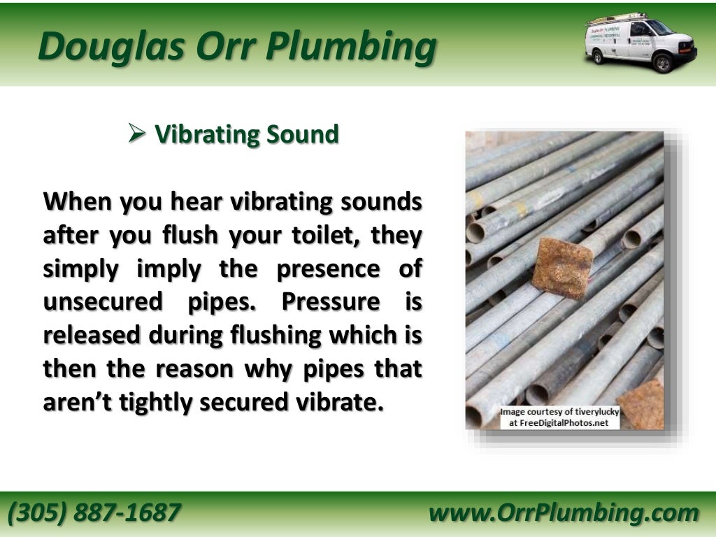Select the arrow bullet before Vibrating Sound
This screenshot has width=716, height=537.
[x=136, y=133]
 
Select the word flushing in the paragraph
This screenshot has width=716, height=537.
[x=275, y=336]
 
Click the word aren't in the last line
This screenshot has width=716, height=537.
[x=76, y=403]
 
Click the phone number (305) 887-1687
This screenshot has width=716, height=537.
[x=94, y=513]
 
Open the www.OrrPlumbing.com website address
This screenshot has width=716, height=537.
[x=564, y=513]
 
